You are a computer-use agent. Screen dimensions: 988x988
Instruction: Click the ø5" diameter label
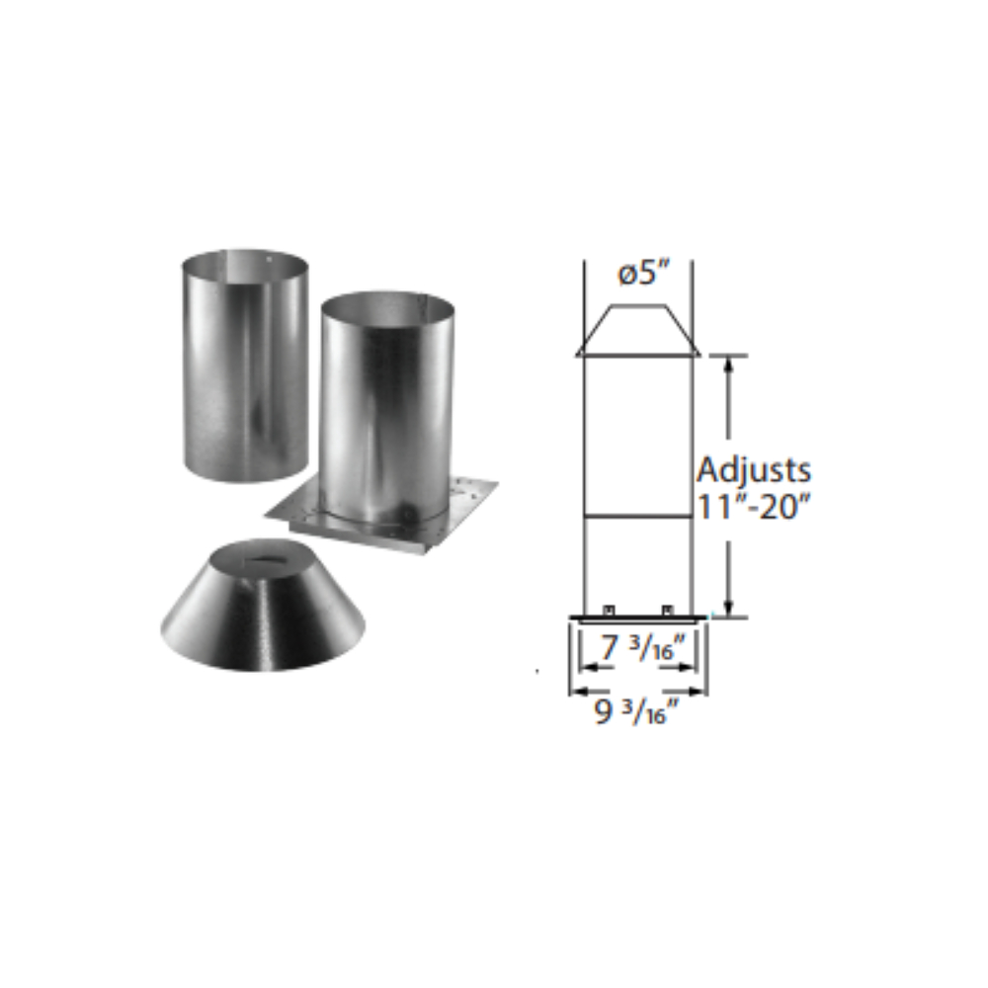pos(643,274)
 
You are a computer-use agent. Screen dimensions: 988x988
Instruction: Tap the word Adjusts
pos(754,470)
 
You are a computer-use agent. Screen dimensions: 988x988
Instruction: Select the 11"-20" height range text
pos(752,506)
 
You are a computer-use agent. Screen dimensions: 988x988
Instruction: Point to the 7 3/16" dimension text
pos(641,647)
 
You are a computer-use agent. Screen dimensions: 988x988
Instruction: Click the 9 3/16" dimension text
pos(637,712)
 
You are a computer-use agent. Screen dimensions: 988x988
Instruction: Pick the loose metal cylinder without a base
pos(245,366)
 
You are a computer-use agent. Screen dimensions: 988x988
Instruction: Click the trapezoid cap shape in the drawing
pos(638,330)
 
